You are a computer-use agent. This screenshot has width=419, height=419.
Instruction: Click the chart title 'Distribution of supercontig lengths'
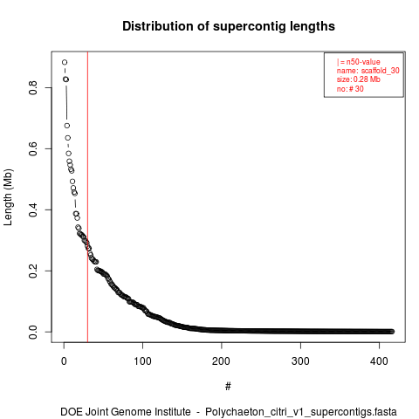coord(229,26)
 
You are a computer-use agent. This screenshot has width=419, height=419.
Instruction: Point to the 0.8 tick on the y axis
coord(33,87)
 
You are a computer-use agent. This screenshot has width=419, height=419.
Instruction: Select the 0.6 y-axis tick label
coord(33,148)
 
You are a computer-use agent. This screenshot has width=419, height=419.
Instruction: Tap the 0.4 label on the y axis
coord(33,209)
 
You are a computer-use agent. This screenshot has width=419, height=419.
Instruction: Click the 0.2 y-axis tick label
coord(33,271)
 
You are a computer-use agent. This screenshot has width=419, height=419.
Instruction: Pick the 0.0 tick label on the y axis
coord(33,332)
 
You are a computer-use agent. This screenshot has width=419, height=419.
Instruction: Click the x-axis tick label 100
coord(142,361)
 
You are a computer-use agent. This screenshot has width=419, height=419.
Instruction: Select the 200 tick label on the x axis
coord(222,361)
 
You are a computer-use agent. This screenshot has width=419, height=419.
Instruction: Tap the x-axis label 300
coord(300,361)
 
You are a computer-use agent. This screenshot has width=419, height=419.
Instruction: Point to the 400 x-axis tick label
coord(379,361)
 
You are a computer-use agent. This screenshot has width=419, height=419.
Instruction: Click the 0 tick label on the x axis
coord(64,361)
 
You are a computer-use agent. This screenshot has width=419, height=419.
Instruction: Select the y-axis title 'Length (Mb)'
coord(8,197)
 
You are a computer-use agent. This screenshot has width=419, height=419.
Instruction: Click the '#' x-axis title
coord(228,387)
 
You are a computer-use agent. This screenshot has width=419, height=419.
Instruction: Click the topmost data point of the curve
coord(65,62)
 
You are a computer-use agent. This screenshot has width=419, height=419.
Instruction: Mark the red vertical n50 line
coord(87,197)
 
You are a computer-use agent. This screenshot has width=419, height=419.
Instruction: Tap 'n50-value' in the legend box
coord(363,62)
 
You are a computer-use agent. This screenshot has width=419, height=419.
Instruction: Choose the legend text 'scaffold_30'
coord(381,71)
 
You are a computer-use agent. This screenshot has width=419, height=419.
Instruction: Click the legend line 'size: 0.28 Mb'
coord(359,79)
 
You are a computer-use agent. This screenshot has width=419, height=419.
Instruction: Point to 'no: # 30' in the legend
coord(350,88)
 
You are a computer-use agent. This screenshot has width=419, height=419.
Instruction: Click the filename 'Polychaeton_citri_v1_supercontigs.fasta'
coord(301,412)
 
